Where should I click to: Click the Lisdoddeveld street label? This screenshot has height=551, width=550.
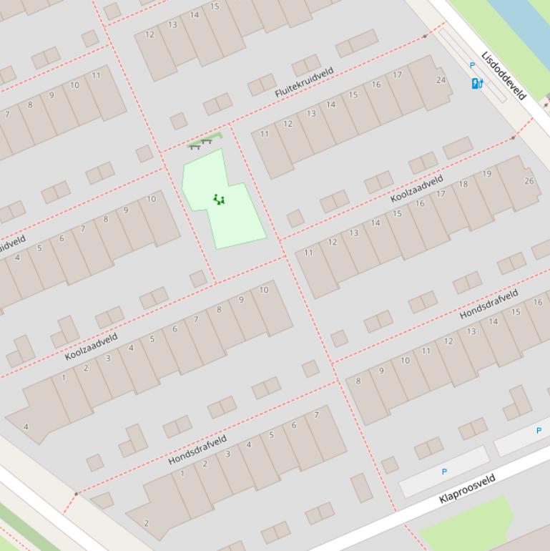coord(504,75)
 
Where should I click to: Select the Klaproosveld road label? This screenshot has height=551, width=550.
coord(468,489)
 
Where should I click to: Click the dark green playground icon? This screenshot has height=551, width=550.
coord(219,200)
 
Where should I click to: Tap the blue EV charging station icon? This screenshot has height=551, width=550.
coord(477,84)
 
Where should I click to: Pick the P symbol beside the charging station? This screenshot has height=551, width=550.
coord(472,65)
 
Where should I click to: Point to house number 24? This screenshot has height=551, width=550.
coord(441,79)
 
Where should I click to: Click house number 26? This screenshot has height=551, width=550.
coord(529,180)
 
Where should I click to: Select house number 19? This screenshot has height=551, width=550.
coord(487,173)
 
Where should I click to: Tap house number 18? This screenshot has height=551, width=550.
coord(463,184)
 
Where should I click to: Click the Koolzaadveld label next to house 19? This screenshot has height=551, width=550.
coord(417,188)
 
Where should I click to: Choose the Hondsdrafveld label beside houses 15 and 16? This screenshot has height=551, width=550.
coord(488,305)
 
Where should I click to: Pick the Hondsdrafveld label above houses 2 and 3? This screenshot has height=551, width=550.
coord(197,449)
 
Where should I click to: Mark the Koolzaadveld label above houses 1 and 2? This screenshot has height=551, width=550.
coord(91,346)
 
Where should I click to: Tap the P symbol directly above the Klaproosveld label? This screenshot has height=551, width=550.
coord(444,472)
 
